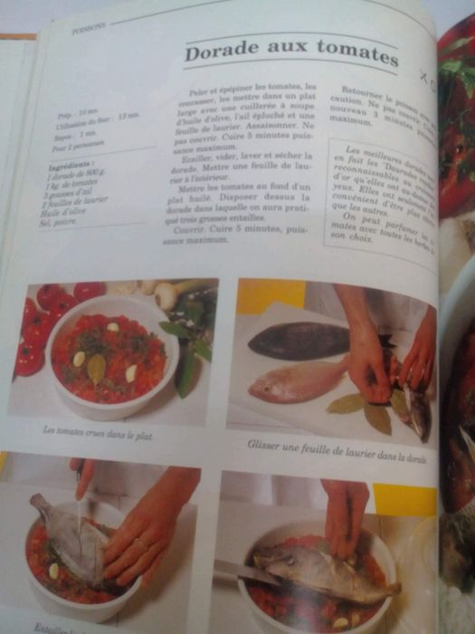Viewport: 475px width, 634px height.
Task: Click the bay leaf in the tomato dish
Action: pyautogui.click(x=97, y=366)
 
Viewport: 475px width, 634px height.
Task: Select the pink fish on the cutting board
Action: pyautogui.click(x=299, y=380)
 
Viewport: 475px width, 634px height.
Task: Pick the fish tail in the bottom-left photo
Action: pyautogui.click(x=40, y=504)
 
